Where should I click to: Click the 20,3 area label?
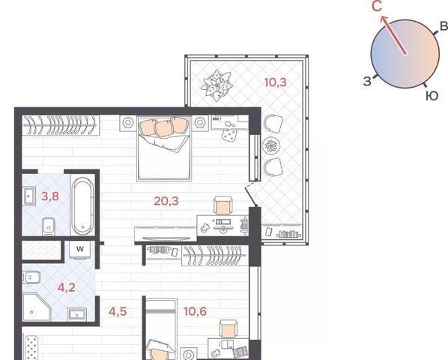coord(166,201)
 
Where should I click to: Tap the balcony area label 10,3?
coord(275,82)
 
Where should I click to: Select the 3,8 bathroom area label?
coord(50,196)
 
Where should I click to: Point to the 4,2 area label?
coord(66,287)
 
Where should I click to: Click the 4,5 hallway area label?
coord(118,311)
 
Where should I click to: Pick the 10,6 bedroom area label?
coord(195,311)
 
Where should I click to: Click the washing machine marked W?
coord(80,249)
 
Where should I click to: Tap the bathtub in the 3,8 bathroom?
coord(82,206)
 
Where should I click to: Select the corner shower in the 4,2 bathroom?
coord(36,307)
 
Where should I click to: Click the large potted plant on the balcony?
coord(217,85)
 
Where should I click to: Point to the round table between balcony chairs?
coord(271,145)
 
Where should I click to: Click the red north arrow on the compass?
coord(393,34)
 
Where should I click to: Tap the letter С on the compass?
coord(377,6)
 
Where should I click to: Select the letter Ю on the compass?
coord(432,96)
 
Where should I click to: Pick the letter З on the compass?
coord(367,81)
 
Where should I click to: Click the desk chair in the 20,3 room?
coord(223,205)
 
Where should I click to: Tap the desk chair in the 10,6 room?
coord(228,329)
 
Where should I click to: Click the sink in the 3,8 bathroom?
coord(29,196)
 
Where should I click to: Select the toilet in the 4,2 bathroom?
coord(31,277)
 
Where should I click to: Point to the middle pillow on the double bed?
coord(163,128)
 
